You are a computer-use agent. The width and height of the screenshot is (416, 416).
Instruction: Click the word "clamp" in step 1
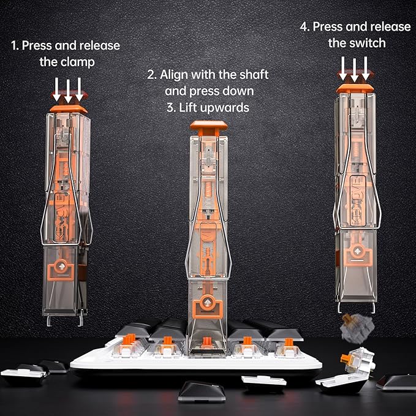pyautogui.click(x=78, y=62)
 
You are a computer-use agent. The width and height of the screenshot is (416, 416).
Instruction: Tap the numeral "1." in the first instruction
pyautogui.click(x=15, y=45)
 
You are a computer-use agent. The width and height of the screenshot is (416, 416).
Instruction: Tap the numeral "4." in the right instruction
pyautogui.click(x=305, y=27)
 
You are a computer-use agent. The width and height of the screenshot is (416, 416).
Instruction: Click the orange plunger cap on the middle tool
pyautogui.click(x=208, y=128)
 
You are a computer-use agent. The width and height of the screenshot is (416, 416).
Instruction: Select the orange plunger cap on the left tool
pyautogui.click(x=69, y=109)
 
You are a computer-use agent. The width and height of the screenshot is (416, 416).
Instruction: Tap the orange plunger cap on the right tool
pyautogui.click(x=355, y=89)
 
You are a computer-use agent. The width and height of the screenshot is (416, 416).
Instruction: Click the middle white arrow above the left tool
pyautogui.click(x=68, y=91)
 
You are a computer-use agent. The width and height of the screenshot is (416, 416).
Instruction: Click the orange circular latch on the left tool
pyautogui.click(x=61, y=267)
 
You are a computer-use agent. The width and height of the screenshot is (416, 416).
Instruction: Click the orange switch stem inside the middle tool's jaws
pyautogui.click(x=207, y=342)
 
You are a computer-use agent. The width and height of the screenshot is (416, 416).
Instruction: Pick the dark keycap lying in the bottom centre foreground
pyautogui.click(x=202, y=391)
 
